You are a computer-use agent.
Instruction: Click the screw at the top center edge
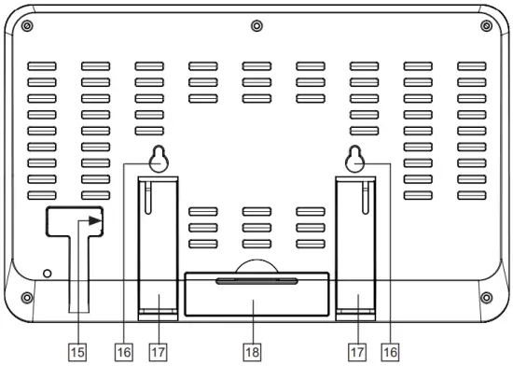click(256, 23)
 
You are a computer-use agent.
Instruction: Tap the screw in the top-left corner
click(27, 24)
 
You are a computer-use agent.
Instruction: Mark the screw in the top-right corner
click(486, 24)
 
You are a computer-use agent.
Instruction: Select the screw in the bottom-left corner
click(27, 297)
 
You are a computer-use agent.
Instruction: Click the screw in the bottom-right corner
click(486, 297)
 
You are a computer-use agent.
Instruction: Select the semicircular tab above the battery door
click(256, 265)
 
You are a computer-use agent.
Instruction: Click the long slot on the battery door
click(256, 280)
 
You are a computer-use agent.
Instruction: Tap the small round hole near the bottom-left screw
click(48, 273)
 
